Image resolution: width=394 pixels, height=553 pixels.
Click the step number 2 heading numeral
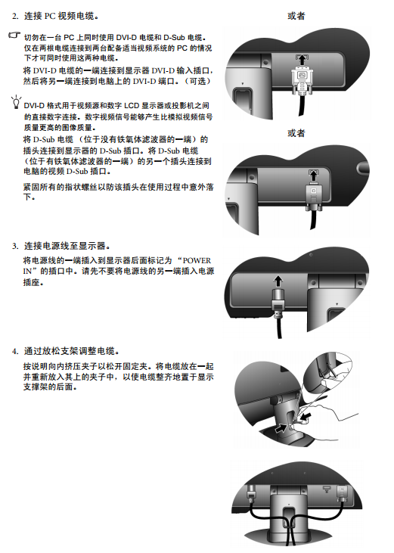coord(14,16)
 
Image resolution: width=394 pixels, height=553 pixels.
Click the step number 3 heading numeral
coord(14,246)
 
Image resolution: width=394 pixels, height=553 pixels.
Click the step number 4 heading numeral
coord(14,351)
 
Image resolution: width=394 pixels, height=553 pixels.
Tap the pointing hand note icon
coord(14,36)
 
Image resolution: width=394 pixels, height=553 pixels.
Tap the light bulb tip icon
coord(16,101)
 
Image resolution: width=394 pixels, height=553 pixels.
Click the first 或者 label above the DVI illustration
coord(296,16)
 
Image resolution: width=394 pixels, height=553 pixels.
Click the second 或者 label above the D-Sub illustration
coord(296,133)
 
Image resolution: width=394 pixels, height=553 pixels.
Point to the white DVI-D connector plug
coord(301,80)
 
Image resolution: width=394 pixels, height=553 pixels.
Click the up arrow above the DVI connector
coord(301,59)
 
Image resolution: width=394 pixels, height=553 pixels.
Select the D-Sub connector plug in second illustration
coord(314,196)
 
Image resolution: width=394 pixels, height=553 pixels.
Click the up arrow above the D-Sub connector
coord(313,175)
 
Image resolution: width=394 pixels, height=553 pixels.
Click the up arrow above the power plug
coord(278,281)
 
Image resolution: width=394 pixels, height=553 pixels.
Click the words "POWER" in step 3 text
coord(197,261)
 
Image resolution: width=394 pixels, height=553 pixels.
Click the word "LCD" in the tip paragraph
coord(132,106)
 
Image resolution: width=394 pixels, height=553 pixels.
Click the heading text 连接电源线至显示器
coord(65,246)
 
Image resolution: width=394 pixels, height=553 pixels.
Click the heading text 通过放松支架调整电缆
coord(70,351)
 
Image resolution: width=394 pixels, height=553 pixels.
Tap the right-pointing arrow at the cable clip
coord(281,428)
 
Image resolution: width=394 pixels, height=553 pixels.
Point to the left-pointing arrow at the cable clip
coord(306,418)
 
